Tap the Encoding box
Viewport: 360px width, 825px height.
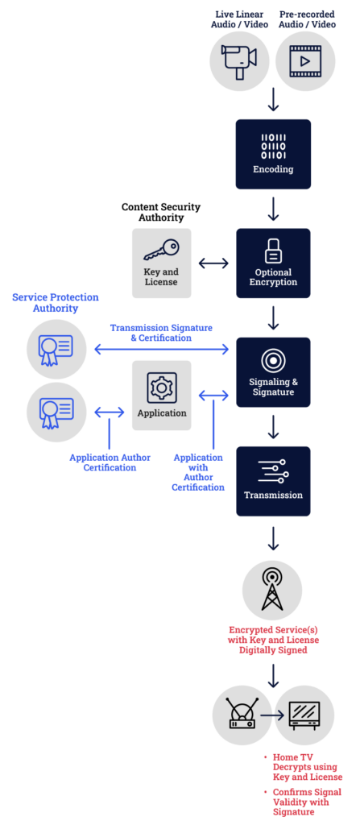tap(273, 154)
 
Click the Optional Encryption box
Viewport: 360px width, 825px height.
tap(273, 263)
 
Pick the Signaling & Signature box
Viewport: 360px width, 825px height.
tap(273, 371)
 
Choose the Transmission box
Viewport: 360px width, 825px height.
tap(273, 480)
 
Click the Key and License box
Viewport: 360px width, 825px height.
tap(161, 263)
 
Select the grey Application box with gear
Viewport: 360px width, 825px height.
tap(161, 395)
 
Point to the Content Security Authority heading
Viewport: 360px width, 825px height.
tap(161, 212)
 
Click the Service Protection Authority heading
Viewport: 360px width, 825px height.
tap(56, 302)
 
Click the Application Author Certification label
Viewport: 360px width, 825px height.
tap(110, 462)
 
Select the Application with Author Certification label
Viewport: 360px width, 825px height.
tap(198, 471)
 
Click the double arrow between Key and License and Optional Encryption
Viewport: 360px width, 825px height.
tap(213, 263)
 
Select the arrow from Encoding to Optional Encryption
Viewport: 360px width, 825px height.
tap(273, 209)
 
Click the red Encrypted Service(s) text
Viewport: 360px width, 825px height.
tap(273, 639)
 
